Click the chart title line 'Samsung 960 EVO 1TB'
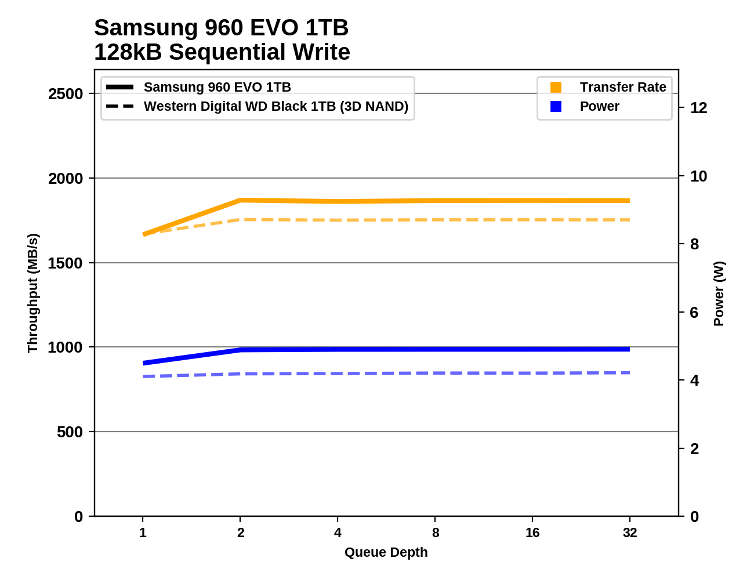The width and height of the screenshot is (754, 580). [x=221, y=28]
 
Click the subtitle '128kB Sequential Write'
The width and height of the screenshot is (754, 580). [x=222, y=52]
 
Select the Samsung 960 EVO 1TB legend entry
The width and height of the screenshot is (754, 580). [x=217, y=87]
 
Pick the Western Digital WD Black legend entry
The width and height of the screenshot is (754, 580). [x=275, y=107]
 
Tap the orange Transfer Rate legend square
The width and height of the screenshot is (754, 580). [x=556, y=87]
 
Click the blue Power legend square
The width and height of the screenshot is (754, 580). [x=556, y=107]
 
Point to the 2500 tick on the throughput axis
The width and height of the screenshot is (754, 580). [x=66, y=94]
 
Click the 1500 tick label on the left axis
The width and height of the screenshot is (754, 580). [x=66, y=263]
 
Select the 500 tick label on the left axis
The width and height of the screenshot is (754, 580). [x=70, y=432]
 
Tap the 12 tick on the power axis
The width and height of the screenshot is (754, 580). [x=699, y=108]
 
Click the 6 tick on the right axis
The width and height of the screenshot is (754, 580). [x=694, y=313]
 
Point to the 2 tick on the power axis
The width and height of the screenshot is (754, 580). [x=694, y=449]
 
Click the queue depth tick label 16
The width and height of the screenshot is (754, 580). [x=532, y=533]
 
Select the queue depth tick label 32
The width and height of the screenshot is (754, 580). [x=630, y=533]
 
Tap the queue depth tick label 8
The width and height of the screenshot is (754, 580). [x=436, y=533]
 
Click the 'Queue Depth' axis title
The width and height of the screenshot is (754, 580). [x=386, y=553]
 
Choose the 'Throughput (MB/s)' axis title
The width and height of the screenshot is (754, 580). [x=32, y=293]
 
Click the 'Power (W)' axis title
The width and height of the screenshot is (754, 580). [x=719, y=293]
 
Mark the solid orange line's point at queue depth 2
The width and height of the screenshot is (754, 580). [x=240, y=201]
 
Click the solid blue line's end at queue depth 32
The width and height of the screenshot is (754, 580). [x=629, y=349]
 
